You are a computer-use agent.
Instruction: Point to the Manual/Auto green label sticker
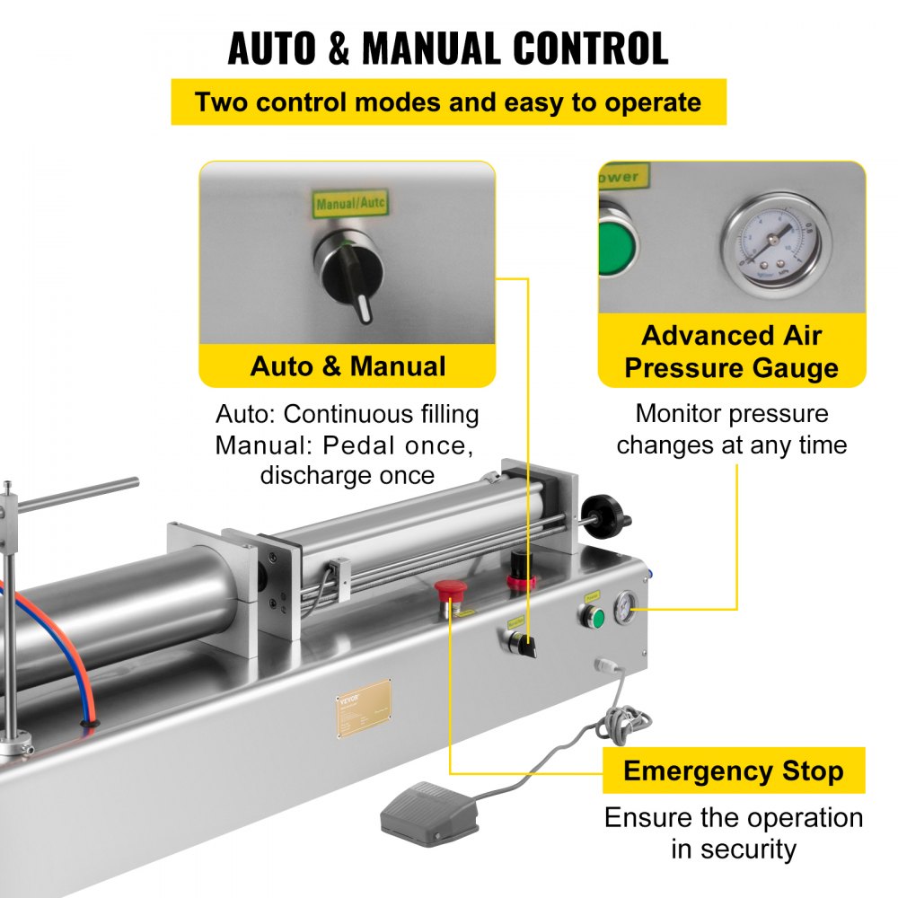350,204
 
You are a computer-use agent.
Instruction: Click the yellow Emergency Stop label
733,770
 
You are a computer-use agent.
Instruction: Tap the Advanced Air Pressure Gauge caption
732,352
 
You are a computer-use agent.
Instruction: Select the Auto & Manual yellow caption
348,365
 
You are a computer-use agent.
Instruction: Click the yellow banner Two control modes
448,101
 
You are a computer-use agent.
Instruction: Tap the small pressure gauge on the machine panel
622,611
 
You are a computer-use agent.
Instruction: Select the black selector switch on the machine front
519,643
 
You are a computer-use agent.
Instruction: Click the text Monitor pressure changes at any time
731,429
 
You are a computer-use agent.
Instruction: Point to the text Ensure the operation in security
733,832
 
